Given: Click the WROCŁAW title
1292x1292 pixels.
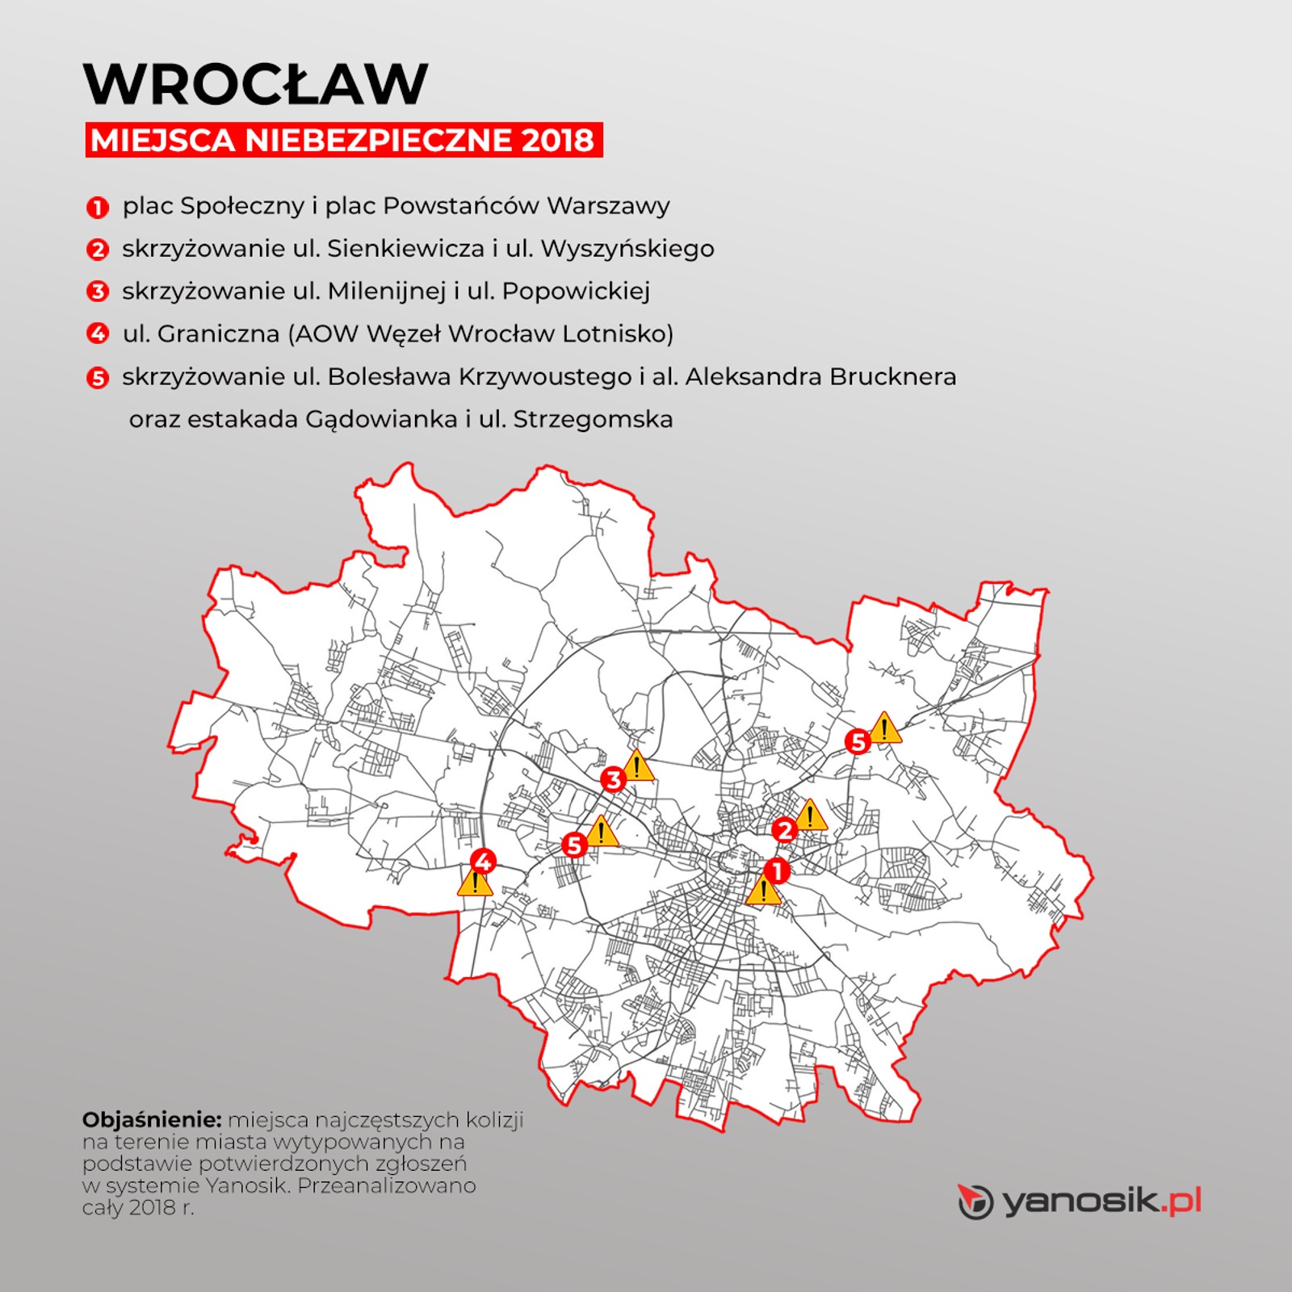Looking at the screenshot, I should click(x=255, y=83).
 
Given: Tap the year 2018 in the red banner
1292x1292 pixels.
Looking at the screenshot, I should click(x=557, y=141).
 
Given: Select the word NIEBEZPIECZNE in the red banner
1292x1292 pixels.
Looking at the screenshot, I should click(x=379, y=141).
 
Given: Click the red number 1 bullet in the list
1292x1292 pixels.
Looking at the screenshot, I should click(x=97, y=208).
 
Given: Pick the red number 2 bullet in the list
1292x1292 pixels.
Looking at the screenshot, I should click(x=97, y=250).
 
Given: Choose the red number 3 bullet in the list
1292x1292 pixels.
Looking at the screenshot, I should click(x=97, y=292).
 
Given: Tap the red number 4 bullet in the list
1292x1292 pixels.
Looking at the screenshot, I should click(x=97, y=333).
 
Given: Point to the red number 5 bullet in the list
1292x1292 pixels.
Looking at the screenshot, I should click(x=97, y=377).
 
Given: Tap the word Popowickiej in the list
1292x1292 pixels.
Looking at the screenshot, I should click(x=576, y=291).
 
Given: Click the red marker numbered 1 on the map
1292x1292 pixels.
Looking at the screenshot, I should click(x=776, y=871).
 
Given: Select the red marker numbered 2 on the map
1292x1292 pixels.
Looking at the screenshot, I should click(x=783, y=830).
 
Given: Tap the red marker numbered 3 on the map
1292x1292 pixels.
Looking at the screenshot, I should click(x=613, y=780).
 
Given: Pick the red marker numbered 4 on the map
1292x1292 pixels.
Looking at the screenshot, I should click(x=483, y=862).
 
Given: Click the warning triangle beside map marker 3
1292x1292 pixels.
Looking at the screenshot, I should click(x=637, y=766).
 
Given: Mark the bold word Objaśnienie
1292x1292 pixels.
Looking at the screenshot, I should click(x=152, y=1120).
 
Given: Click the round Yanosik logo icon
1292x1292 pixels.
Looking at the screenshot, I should click(x=975, y=1202).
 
